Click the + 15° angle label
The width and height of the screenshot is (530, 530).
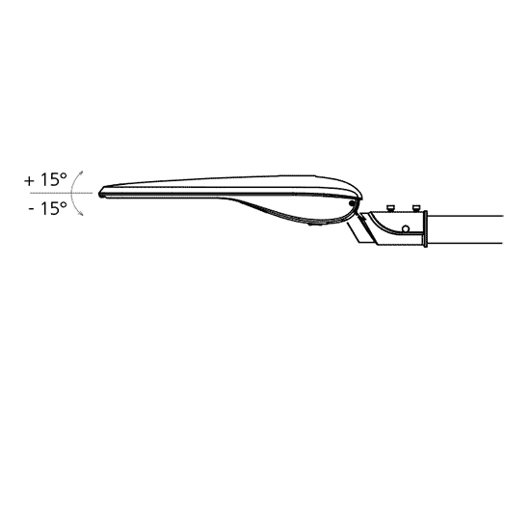(x=45, y=180)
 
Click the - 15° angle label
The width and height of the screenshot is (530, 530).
(x=48, y=208)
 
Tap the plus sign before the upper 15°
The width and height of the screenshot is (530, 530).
(x=30, y=181)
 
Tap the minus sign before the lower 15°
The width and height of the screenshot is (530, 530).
(x=32, y=209)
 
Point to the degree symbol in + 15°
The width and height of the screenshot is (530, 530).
(x=64, y=175)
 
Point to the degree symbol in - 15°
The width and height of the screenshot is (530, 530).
(x=64, y=204)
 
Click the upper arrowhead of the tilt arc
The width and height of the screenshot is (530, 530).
(x=81, y=173)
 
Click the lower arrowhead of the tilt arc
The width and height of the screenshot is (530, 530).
(x=81, y=213)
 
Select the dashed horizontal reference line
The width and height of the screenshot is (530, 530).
(x=61, y=193)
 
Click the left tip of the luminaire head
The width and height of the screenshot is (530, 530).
(x=99, y=195)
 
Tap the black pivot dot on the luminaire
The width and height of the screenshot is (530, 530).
(x=352, y=203)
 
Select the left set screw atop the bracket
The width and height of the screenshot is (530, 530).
(x=391, y=208)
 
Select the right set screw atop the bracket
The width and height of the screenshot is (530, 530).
(x=415, y=208)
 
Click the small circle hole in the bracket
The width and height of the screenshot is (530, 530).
(x=406, y=229)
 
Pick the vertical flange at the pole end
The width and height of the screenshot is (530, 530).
(x=425, y=228)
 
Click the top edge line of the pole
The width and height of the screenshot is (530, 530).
(x=465, y=216)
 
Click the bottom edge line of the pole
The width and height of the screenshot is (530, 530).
(x=465, y=243)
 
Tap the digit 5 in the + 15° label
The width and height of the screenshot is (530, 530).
(x=54, y=180)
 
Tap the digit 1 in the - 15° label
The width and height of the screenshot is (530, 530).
(x=44, y=208)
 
